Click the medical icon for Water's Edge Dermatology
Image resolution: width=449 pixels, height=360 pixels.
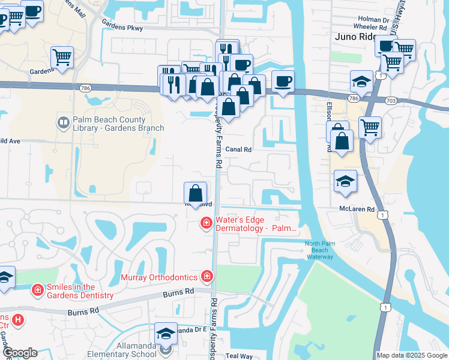pos(206,224)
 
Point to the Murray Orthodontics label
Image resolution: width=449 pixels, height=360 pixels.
pos(159,277)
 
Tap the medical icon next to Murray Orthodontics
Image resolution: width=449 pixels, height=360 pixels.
pos(207,277)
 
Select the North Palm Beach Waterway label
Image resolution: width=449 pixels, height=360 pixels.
pos(319,250)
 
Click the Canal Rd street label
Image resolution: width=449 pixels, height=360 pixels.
pos(238,149)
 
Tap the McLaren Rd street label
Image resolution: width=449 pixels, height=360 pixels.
pos(357,209)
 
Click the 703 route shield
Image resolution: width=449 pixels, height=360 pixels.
pos(391,101)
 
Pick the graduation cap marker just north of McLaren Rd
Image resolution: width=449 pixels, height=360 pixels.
pos(346,181)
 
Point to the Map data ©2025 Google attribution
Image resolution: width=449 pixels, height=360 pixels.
pos(412,355)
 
